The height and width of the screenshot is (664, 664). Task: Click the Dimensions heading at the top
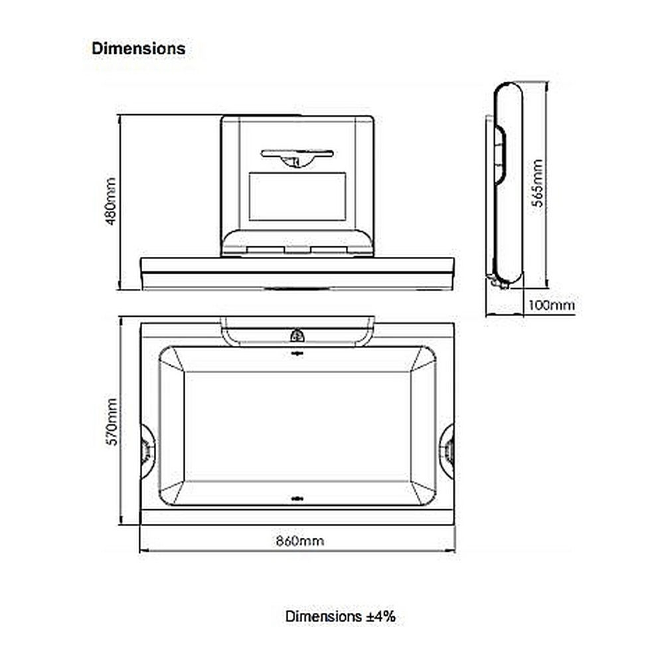pyautogui.click(x=139, y=48)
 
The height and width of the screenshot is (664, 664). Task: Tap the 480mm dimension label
pyautogui.click(x=110, y=201)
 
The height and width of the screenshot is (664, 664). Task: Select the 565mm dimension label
pyautogui.click(x=537, y=183)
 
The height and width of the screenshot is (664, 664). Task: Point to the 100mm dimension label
pyautogui.click(x=551, y=305)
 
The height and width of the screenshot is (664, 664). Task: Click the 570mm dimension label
pyautogui.click(x=112, y=422)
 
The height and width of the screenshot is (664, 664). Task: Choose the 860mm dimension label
pyautogui.click(x=300, y=540)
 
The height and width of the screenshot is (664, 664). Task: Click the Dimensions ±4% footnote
pyautogui.click(x=341, y=616)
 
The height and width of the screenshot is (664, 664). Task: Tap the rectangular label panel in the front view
pyautogui.click(x=297, y=196)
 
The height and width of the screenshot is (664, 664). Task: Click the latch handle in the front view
pyautogui.click(x=297, y=157)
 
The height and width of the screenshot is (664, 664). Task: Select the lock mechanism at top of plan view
pyautogui.click(x=297, y=336)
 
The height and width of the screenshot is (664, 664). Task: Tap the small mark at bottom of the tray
pyautogui.click(x=297, y=499)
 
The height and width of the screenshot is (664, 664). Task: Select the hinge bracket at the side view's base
pyautogui.click(x=498, y=281)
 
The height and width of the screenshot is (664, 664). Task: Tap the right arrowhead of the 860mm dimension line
pyautogui.click(x=451, y=551)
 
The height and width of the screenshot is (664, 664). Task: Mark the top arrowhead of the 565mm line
pyautogui.click(x=547, y=86)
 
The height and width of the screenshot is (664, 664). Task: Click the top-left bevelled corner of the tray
pyautogui.click(x=171, y=359)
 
